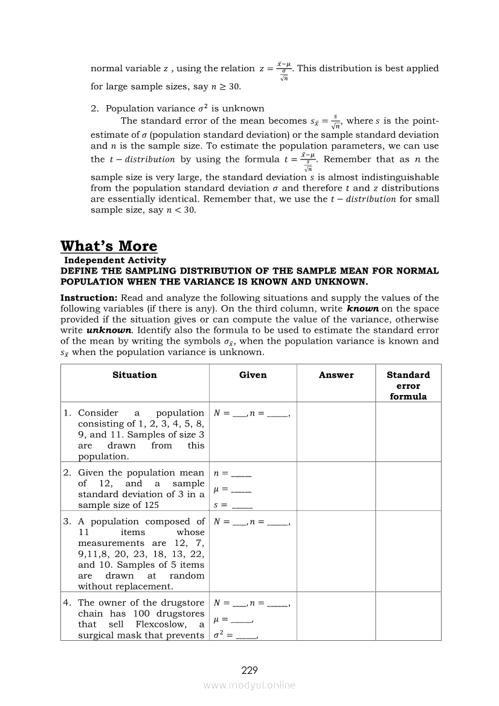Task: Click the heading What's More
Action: [x=109, y=246]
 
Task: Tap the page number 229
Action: [x=249, y=670]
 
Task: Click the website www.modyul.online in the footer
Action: [x=249, y=685]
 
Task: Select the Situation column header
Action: [x=135, y=375]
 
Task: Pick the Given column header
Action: [x=253, y=375]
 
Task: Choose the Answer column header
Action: [x=336, y=375]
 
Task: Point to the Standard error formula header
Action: [x=408, y=385]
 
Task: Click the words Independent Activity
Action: [x=115, y=260]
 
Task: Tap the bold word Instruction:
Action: [x=89, y=298]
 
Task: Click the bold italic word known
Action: [x=362, y=309]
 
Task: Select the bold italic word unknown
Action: [x=109, y=330]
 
